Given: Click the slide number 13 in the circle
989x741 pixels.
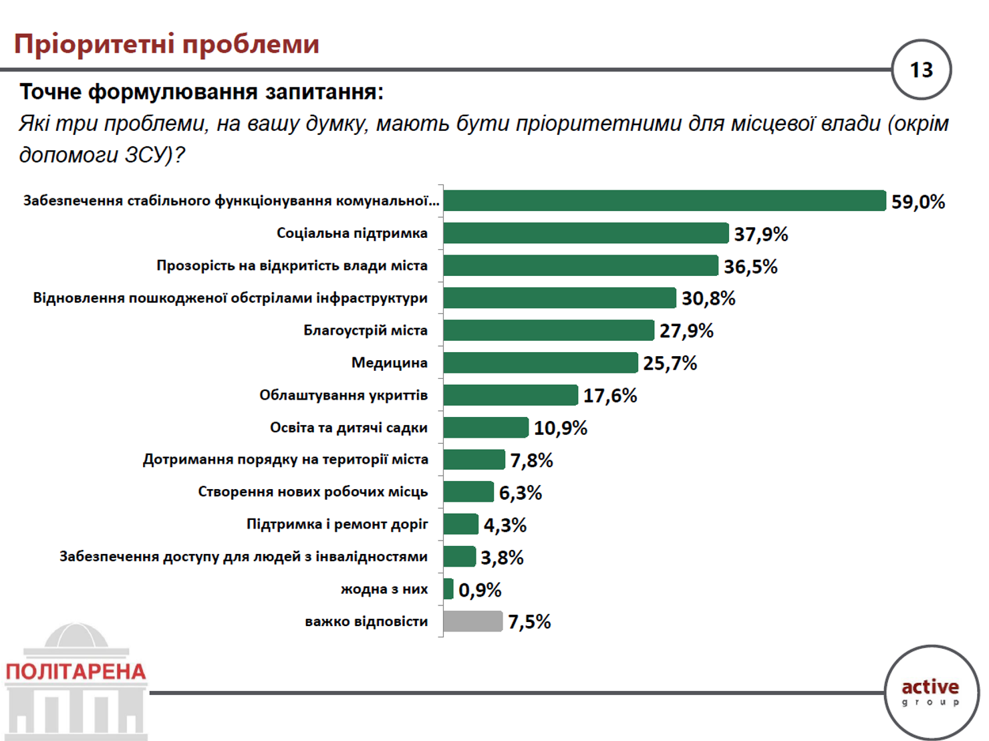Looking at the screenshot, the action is click(922, 70).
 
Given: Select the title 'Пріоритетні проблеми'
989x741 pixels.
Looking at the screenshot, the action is click(166, 45).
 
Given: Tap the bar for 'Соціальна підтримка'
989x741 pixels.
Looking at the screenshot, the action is click(586, 233).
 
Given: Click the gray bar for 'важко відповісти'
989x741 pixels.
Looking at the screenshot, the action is click(472, 621).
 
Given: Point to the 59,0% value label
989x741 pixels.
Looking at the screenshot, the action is click(917, 202).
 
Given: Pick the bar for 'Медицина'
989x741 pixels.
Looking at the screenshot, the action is click(541, 363).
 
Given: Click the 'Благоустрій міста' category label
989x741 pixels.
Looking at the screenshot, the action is click(366, 330).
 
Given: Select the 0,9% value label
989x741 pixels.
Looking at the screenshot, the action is click(480, 590).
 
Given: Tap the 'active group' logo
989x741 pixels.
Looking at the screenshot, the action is click(930, 692).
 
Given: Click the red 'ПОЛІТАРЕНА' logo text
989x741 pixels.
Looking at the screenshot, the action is click(76, 672).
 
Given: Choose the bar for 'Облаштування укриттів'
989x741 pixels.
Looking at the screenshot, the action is click(511, 395).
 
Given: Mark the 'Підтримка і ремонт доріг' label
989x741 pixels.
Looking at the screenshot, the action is click(337, 525).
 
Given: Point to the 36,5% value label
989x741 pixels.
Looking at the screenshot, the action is click(750, 267).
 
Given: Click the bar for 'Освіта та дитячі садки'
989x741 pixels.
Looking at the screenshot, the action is click(486, 428).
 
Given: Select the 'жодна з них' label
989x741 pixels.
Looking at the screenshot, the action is click(384, 589).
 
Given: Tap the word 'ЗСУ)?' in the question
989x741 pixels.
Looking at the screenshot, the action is click(154, 155).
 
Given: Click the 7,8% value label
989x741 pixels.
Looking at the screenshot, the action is click(532, 460).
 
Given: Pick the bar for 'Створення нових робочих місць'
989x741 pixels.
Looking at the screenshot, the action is click(468, 492).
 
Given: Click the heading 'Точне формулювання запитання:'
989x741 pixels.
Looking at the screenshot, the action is click(201, 92).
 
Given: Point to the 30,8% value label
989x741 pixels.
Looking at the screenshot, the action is click(708, 298).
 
